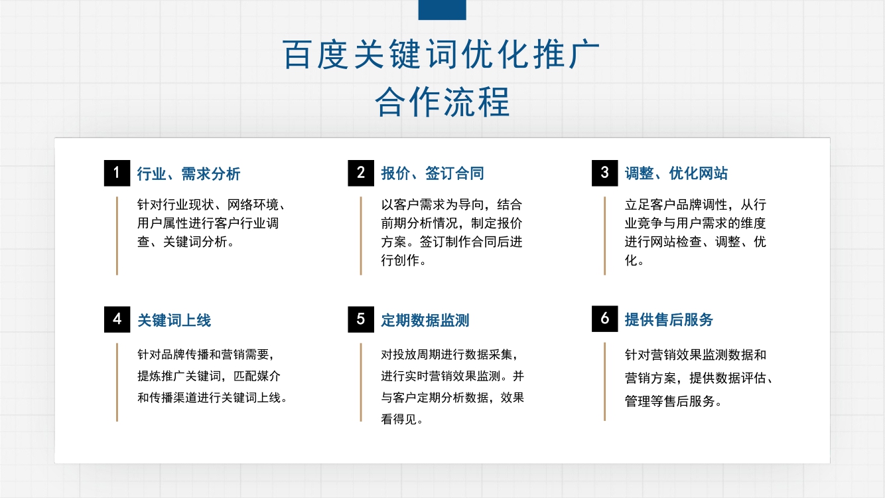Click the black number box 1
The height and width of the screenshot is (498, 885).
coord(117,173)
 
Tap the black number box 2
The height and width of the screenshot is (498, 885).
coord(361,173)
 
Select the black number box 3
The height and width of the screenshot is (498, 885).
coord(604,173)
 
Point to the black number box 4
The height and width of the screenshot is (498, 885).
coord(117,319)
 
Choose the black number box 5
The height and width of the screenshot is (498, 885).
coord(361,319)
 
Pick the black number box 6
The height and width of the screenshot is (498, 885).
coord(604,319)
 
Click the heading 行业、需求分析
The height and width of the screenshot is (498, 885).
coord(188,174)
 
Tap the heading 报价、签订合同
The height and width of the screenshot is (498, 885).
coord(433,173)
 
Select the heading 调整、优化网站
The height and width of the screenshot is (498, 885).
coord(676,173)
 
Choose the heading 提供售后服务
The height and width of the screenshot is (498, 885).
coord(669,319)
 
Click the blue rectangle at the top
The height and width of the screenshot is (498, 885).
coord(442,10)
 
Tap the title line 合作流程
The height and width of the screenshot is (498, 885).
coord(442,102)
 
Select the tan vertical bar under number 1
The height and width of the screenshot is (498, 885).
coord(117,236)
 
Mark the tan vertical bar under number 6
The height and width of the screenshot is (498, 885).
coord(604,382)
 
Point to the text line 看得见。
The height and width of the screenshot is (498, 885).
coord(401,419)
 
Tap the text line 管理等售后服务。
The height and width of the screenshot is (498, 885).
coord(673,402)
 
